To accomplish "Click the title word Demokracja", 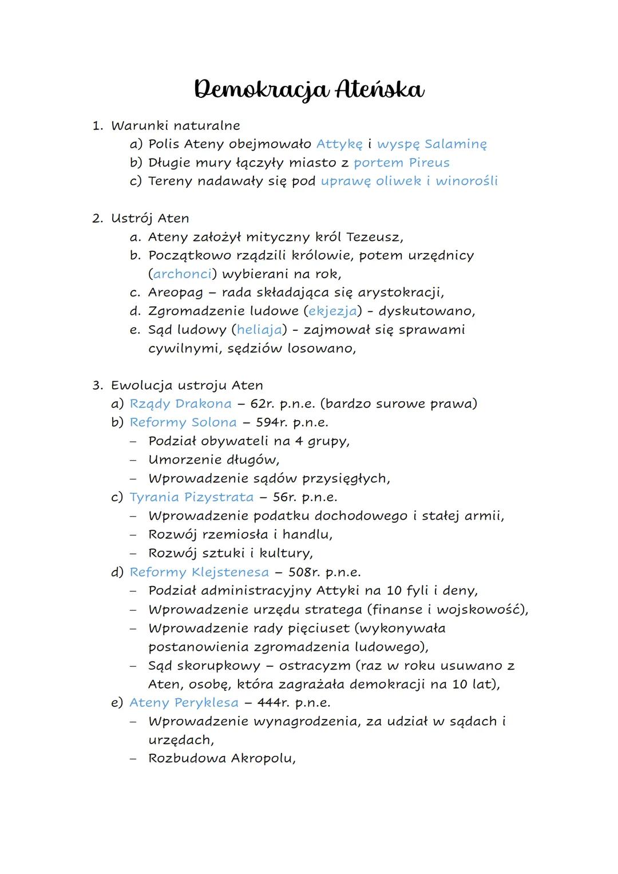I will tap(260, 90).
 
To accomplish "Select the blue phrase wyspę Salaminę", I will tap(431, 144).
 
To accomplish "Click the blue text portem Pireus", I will tap(401, 163).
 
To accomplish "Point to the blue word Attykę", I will tap(339, 144).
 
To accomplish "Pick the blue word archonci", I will tap(183, 274).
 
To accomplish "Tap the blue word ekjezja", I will tap(332, 311).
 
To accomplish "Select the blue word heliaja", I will tap(259, 330).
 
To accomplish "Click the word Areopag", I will tap(175, 292).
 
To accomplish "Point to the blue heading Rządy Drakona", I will tap(180, 404).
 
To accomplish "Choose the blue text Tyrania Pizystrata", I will tap(191, 497).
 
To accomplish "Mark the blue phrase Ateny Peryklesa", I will tap(184, 702).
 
